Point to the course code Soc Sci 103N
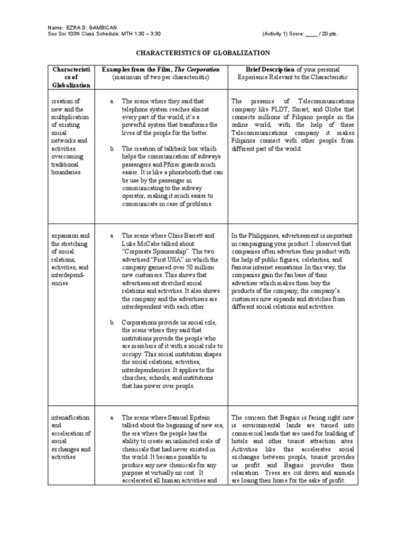coord(64,33)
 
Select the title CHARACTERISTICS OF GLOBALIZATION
coord(203,53)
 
